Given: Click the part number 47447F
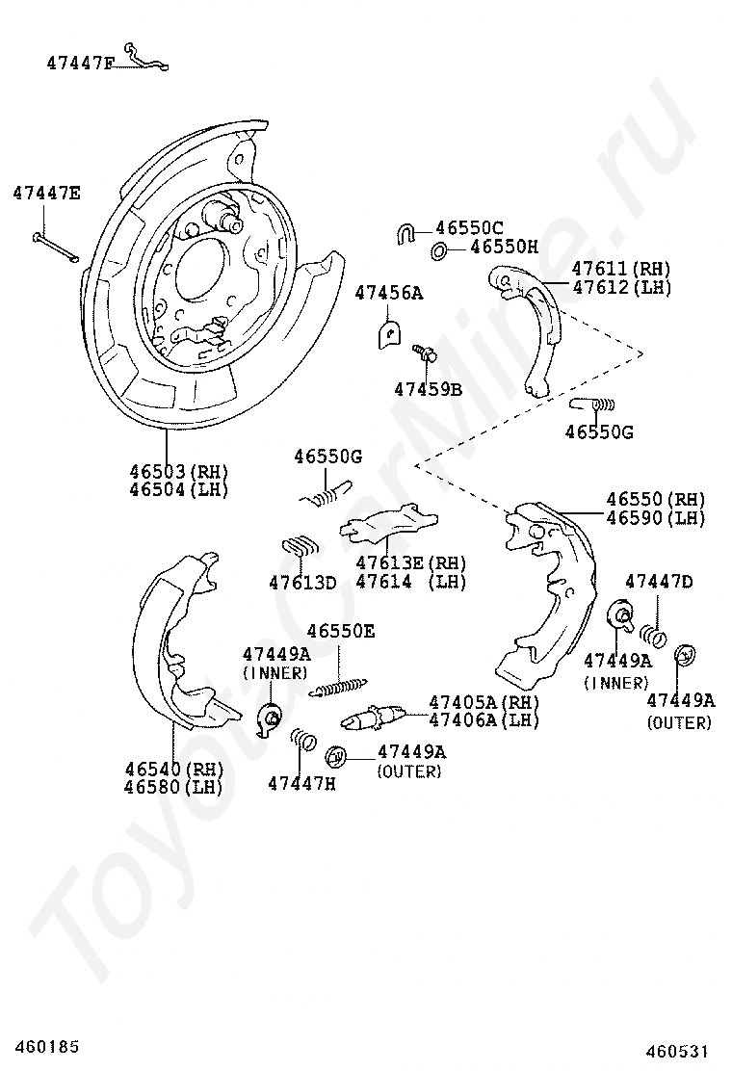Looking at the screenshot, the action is tap(80, 64).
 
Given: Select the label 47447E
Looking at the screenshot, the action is tap(46, 194).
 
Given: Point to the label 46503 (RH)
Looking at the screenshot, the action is tap(178, 471).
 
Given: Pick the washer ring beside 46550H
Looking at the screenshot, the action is tap(438, 251).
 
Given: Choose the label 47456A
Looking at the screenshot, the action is tap(388, 293).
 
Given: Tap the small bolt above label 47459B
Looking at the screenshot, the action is tap(425, 353).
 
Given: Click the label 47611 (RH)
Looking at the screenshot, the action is tap(620, 269).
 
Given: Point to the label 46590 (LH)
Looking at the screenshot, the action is tap(655, 517).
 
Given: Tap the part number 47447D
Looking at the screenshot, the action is tap(658, 581).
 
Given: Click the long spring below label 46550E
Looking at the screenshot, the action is tap(340, 686).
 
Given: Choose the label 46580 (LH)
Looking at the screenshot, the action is tap(173, 787).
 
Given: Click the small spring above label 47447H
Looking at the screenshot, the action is tap(303, 740).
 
